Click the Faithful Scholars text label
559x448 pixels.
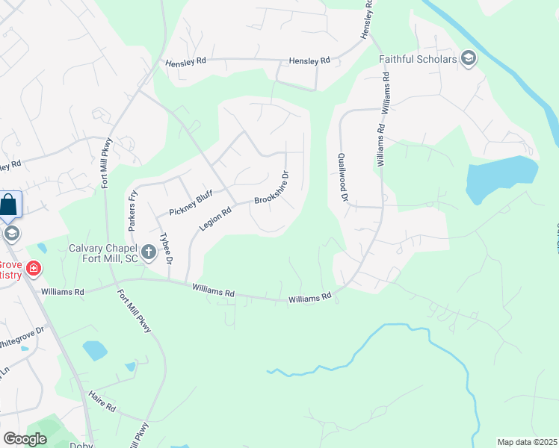pyautogui.click(x=418, y=58)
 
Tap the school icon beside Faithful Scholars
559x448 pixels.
pyautogui.click(x=469, y=58)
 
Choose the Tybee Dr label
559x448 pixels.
pyautogui.click(x=167, y=251)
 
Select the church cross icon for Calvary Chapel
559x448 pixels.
pyautogui.click(x=148, y=253)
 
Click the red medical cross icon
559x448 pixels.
pyautogui.click(x=33, y=268)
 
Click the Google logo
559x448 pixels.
pyautogui.click(x=25, y=438)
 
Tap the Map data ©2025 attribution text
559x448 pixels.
pyautogui.click(x=527, y=441)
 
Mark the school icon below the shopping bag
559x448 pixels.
pyautogui.click(x=10, y=233)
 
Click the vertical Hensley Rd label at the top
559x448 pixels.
pyautogui.click(x=367, y=24)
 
